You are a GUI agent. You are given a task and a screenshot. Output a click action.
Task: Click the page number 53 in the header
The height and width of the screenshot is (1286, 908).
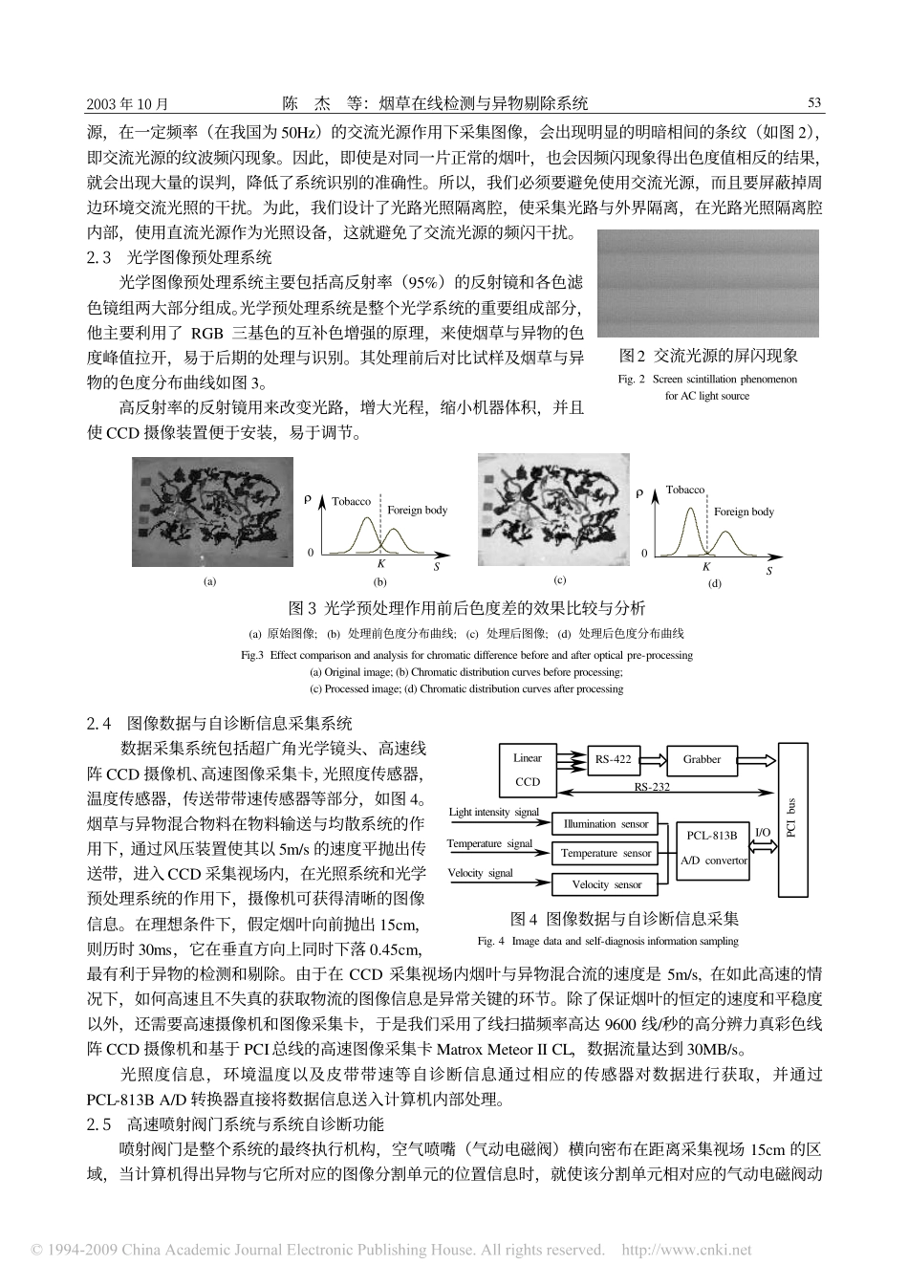click(814, 103)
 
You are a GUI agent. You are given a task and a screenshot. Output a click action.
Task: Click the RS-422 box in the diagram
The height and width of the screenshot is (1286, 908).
click(613, 760)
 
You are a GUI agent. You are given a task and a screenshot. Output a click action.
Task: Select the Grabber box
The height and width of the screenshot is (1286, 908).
click(702, 760)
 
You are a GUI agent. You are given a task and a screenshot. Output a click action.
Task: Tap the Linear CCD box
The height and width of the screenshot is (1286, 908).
click(528, 770)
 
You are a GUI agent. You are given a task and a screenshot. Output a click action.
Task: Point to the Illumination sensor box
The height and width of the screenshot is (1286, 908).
click(605, 823)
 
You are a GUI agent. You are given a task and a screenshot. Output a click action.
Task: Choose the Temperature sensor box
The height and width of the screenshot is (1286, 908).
click(605, 853)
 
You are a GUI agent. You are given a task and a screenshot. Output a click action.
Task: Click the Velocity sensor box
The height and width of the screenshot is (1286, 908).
click(605, 884)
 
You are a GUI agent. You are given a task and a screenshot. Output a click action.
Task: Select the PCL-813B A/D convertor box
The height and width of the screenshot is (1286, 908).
click(713, 847)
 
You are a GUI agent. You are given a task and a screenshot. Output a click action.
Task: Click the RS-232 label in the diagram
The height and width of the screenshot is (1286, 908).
click(652, 788)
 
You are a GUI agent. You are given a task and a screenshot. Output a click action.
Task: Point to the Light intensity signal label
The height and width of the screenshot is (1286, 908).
click(493, 813)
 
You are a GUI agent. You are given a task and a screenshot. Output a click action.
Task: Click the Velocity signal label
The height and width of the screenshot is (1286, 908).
click(480, 873)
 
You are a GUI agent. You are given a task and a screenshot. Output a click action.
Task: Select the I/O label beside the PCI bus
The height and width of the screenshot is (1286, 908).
click(763, 833)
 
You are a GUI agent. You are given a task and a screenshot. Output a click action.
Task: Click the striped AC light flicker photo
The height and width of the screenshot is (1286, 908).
click(708, 284)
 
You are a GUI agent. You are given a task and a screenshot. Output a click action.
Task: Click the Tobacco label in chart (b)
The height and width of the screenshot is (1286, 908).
click(351, 501)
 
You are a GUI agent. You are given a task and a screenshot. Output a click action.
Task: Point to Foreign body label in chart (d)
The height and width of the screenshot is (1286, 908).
click(744, 512)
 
